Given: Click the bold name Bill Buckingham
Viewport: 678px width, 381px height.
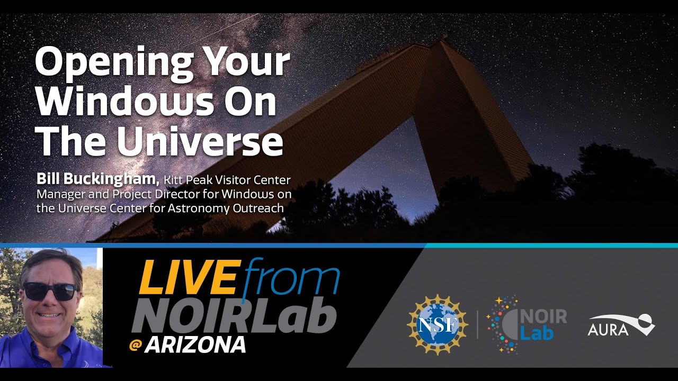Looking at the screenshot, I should pos(98,179).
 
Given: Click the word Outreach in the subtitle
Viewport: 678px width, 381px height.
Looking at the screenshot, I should pos(258,208).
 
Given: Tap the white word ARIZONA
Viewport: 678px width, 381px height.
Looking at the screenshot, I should pos(195,345).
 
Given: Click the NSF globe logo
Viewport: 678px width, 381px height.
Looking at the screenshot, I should pos(437,324).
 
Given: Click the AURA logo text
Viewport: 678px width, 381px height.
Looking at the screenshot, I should pos(608,330).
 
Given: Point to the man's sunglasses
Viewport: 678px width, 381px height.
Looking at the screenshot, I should pos(50,291).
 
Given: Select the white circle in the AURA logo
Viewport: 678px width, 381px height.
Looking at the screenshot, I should pos(645,320).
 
